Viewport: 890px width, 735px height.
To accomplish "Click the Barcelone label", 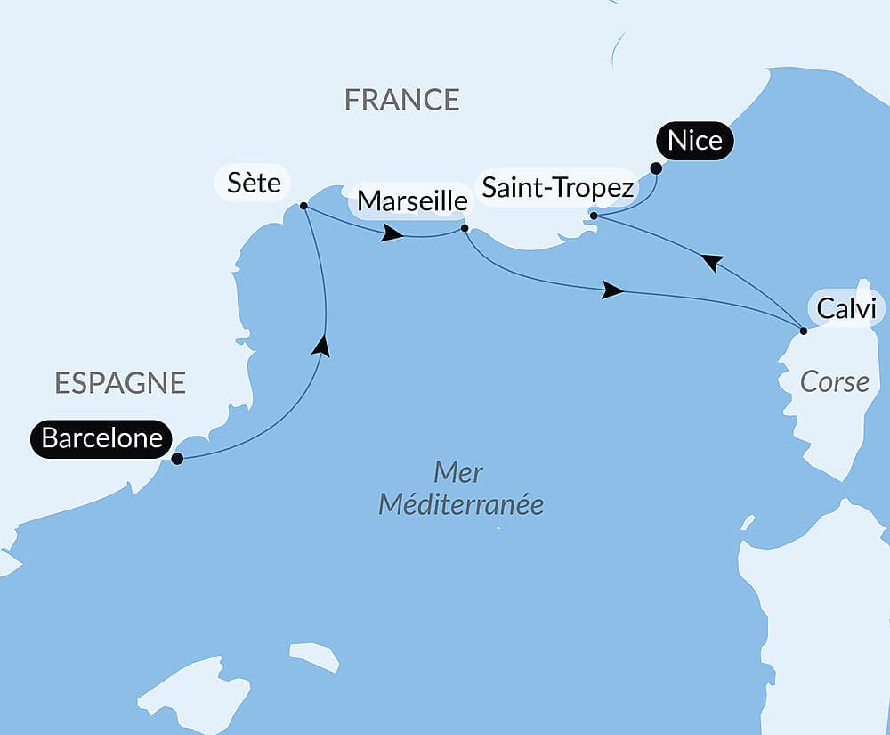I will tap(101, 438).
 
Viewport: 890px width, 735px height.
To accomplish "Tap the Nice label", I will tap(694, 142).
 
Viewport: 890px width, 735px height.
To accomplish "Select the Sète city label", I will tap(253, 184).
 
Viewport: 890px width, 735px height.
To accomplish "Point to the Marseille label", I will tap(411, 201).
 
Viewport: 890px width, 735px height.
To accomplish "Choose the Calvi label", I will tap(847, 309).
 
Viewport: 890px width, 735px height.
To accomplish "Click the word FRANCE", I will tap(401, 100).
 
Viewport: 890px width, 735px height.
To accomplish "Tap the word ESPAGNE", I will tap(120, 383).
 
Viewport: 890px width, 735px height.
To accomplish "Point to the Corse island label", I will tap(834, 381).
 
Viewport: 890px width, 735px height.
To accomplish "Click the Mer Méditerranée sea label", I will tap(460, 488).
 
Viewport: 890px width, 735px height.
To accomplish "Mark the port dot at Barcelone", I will tap(177, 459).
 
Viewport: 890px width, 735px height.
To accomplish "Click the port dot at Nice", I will tap(656, 167).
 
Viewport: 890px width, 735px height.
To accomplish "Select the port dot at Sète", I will tap(303, 206).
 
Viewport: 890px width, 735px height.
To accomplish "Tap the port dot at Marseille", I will tap(465, 228).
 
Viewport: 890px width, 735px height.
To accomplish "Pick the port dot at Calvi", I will tap(803, 331).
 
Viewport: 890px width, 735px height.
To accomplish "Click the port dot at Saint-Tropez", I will tap(593, 215).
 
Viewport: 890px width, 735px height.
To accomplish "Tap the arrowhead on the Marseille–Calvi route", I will tap(611, 290).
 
